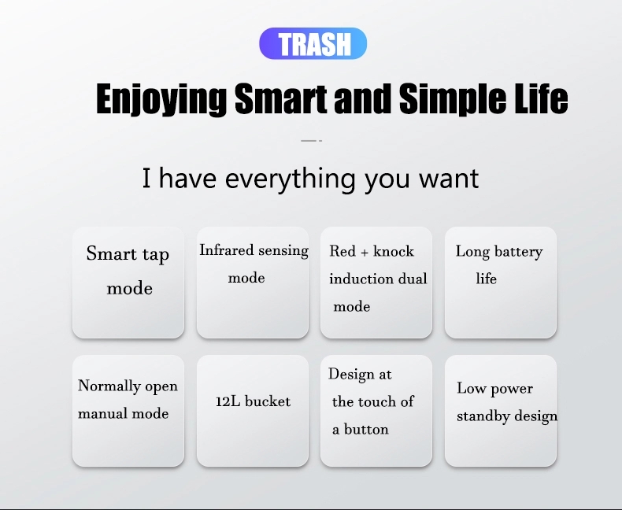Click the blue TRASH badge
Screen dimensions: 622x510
pos(313,43)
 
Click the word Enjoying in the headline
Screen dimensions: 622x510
pos(161,99)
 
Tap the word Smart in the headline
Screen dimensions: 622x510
pos(281,98)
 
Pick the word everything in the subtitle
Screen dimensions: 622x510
pos(290,179)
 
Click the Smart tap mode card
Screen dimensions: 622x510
pos(128,283)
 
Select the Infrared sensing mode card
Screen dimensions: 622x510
pos(253,283)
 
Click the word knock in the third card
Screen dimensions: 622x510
pos(394,251)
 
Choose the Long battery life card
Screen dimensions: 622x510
pos(501,283)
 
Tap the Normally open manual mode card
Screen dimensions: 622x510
pos(128,411)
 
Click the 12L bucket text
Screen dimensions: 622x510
pos(253,401)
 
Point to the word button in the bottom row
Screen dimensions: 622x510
pos(366,429)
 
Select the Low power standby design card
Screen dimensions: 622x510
pos(501,411)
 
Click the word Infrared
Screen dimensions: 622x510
pos(227,250)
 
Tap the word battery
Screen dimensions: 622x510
pos(519,252)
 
